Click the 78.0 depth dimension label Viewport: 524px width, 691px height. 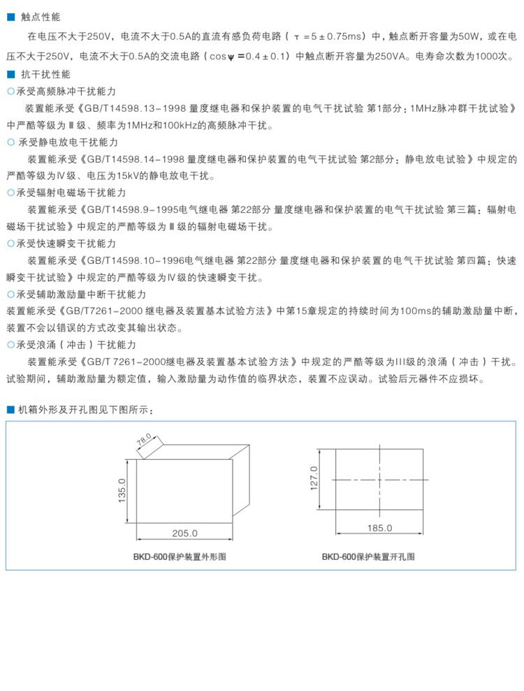(143, 443)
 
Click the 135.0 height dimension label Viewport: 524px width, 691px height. (121, 491)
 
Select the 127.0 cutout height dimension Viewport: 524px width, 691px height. (314, 480)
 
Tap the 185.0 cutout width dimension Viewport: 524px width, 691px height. (379, 528)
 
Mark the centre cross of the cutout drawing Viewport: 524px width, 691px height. (380, 481)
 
